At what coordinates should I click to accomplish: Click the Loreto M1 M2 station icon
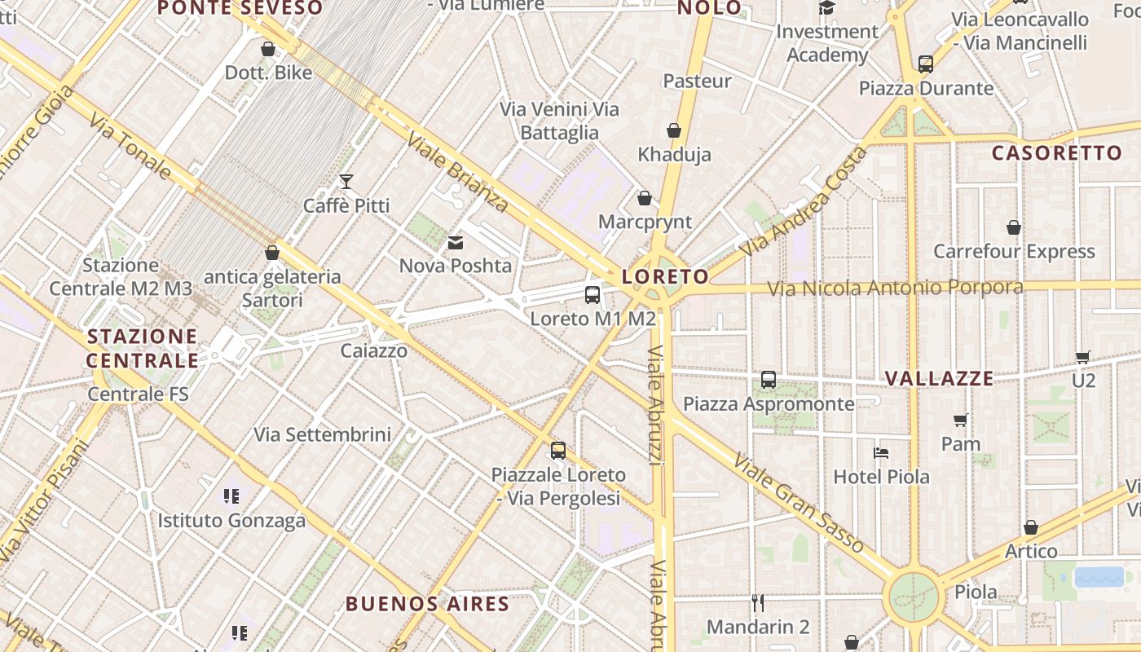click(x=593, y=295)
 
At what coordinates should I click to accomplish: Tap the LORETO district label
click(x=665, y=276)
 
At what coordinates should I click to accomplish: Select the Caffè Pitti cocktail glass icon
click(x=346, y=182)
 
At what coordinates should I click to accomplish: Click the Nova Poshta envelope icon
click(x=455, y=242)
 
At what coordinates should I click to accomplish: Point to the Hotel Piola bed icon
click(x=881, y=453)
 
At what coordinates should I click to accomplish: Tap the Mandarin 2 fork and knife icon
click(x=758, y=603)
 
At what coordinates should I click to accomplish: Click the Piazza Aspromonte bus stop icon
click(x=769, y=380)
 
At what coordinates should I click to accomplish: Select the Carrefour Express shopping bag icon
click(x=1014, y=227)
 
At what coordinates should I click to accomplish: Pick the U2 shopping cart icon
click(x=1083, y=357)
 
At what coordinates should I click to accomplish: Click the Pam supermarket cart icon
click(x=961, y=421)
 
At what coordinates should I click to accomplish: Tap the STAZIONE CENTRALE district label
click(x=143, y=348)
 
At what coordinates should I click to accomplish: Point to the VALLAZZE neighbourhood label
click(x=940, y=378)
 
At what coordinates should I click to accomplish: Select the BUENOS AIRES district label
click(x=428, y=604)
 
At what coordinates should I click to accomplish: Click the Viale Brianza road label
click(x=457, y=172)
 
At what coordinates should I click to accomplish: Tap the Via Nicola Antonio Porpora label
click(x=895, y=288)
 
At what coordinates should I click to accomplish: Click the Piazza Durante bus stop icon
click(x=926, y=64)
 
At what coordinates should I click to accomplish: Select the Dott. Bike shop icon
click(x=268, y=49)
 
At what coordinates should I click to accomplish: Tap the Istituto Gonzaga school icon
click(x=231, y=496)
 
